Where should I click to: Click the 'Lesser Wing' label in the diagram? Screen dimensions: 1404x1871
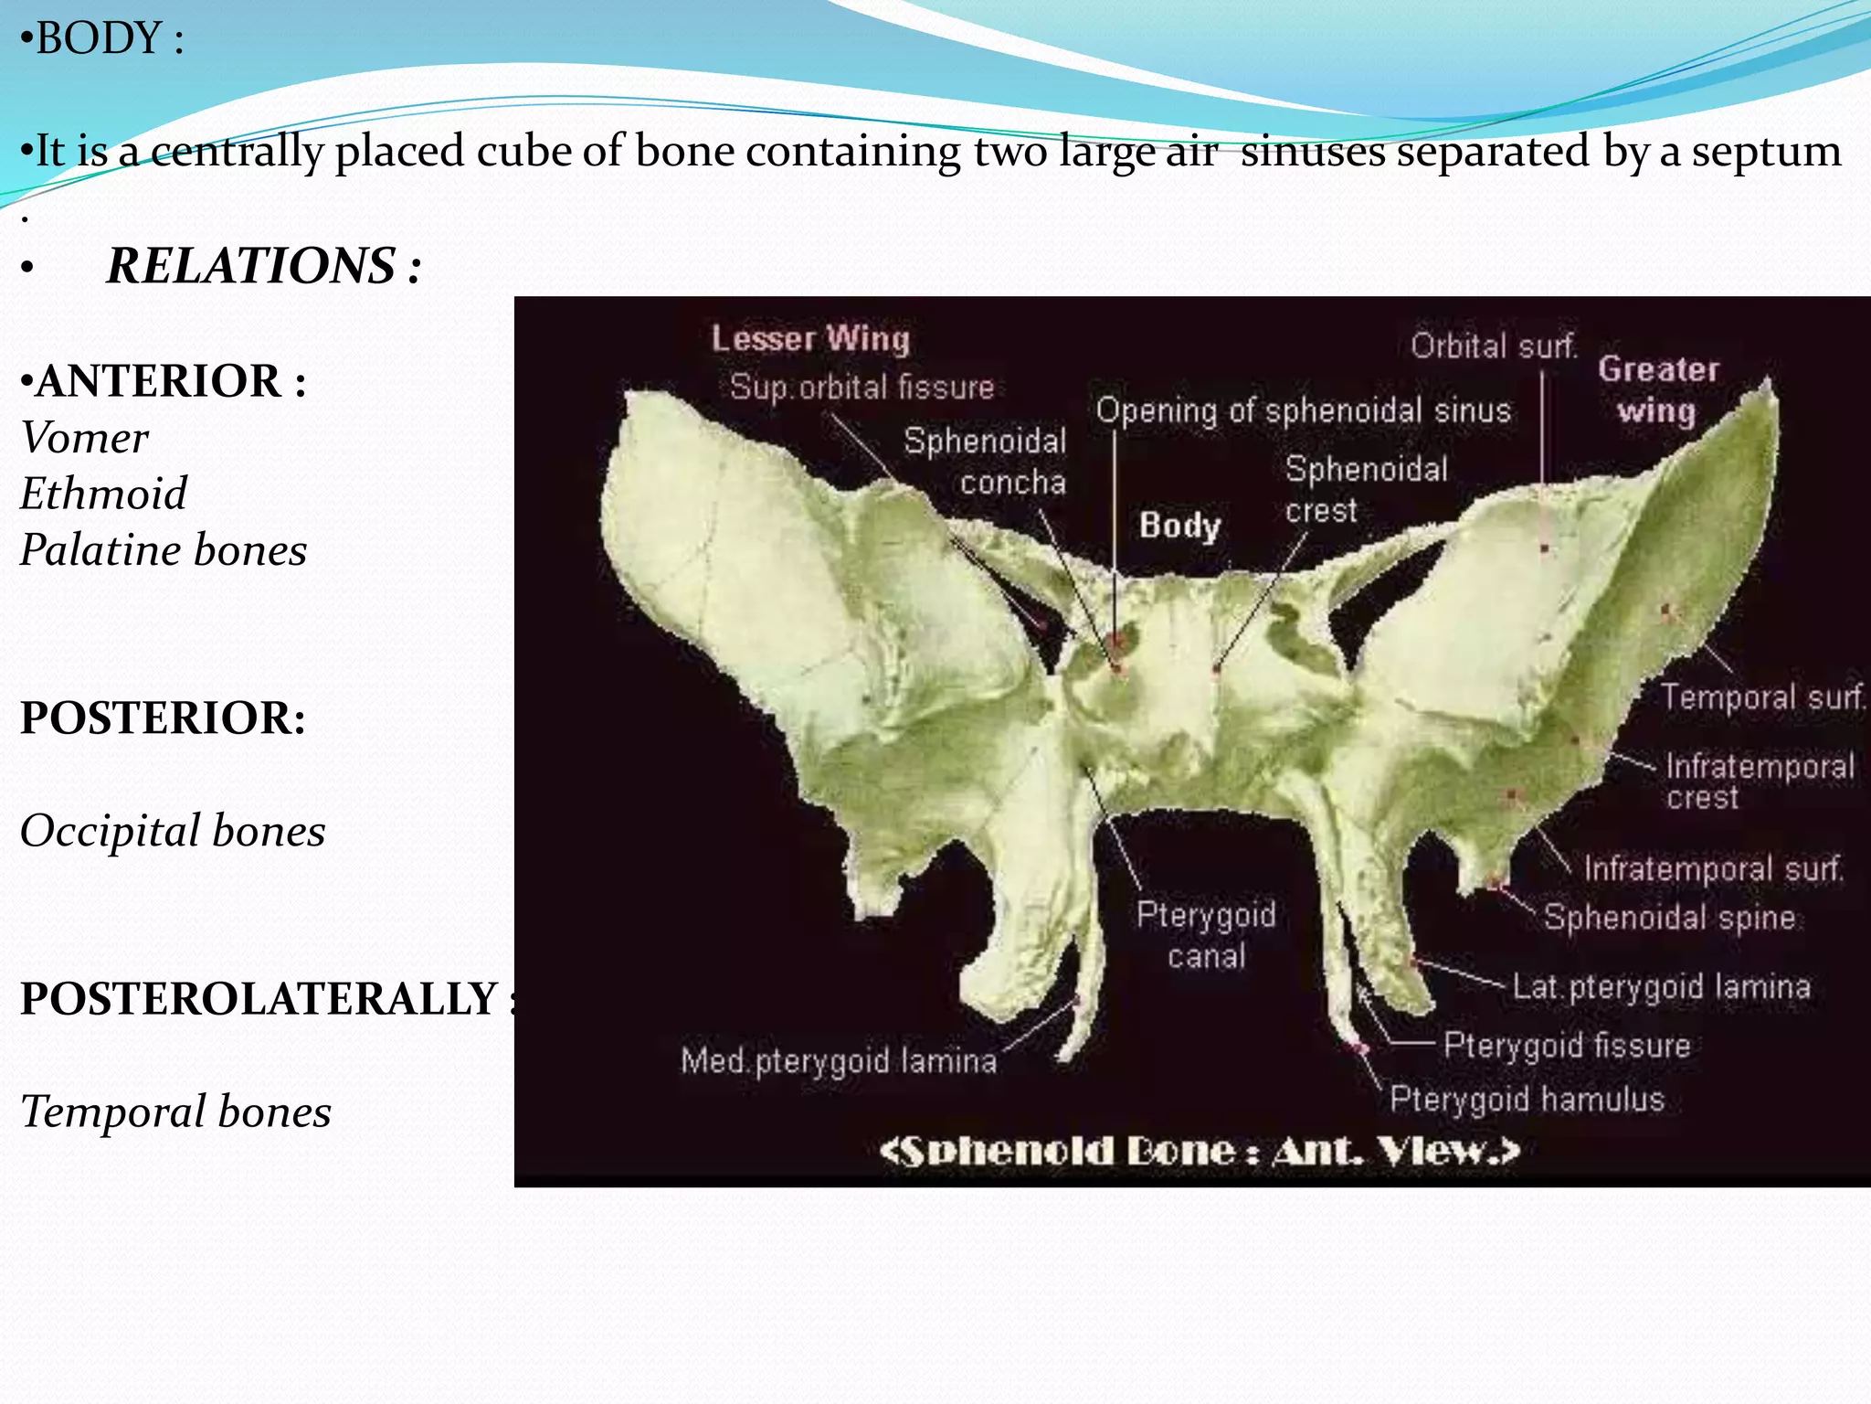810,339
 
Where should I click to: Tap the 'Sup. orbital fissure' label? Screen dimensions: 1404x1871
862,388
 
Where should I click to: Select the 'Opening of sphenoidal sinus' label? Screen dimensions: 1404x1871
1303,411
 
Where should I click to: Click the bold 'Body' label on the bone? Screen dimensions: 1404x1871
1179,526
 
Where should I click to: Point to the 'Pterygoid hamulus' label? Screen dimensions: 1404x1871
1527,1099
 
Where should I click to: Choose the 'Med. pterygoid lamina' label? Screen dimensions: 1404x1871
839,1061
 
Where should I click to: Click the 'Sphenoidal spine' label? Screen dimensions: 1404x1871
1669,917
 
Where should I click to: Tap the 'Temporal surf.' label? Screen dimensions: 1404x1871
1762,697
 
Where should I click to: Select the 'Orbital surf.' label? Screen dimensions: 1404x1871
1494,346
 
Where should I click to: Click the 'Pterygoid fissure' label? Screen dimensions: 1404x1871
1567,1045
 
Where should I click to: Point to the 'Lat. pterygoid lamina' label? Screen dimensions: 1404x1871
1661,987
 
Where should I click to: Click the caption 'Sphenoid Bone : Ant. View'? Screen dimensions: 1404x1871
1199,1151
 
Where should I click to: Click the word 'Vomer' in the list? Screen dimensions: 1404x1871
84,438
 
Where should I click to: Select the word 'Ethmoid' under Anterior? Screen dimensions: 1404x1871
103,494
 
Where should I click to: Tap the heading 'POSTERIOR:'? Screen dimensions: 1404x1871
163,718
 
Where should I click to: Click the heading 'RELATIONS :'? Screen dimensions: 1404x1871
264,266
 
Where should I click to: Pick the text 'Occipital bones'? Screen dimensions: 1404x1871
173,831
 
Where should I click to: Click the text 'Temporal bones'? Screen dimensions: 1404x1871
175,1111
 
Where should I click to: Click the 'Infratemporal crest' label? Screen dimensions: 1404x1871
1759,782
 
